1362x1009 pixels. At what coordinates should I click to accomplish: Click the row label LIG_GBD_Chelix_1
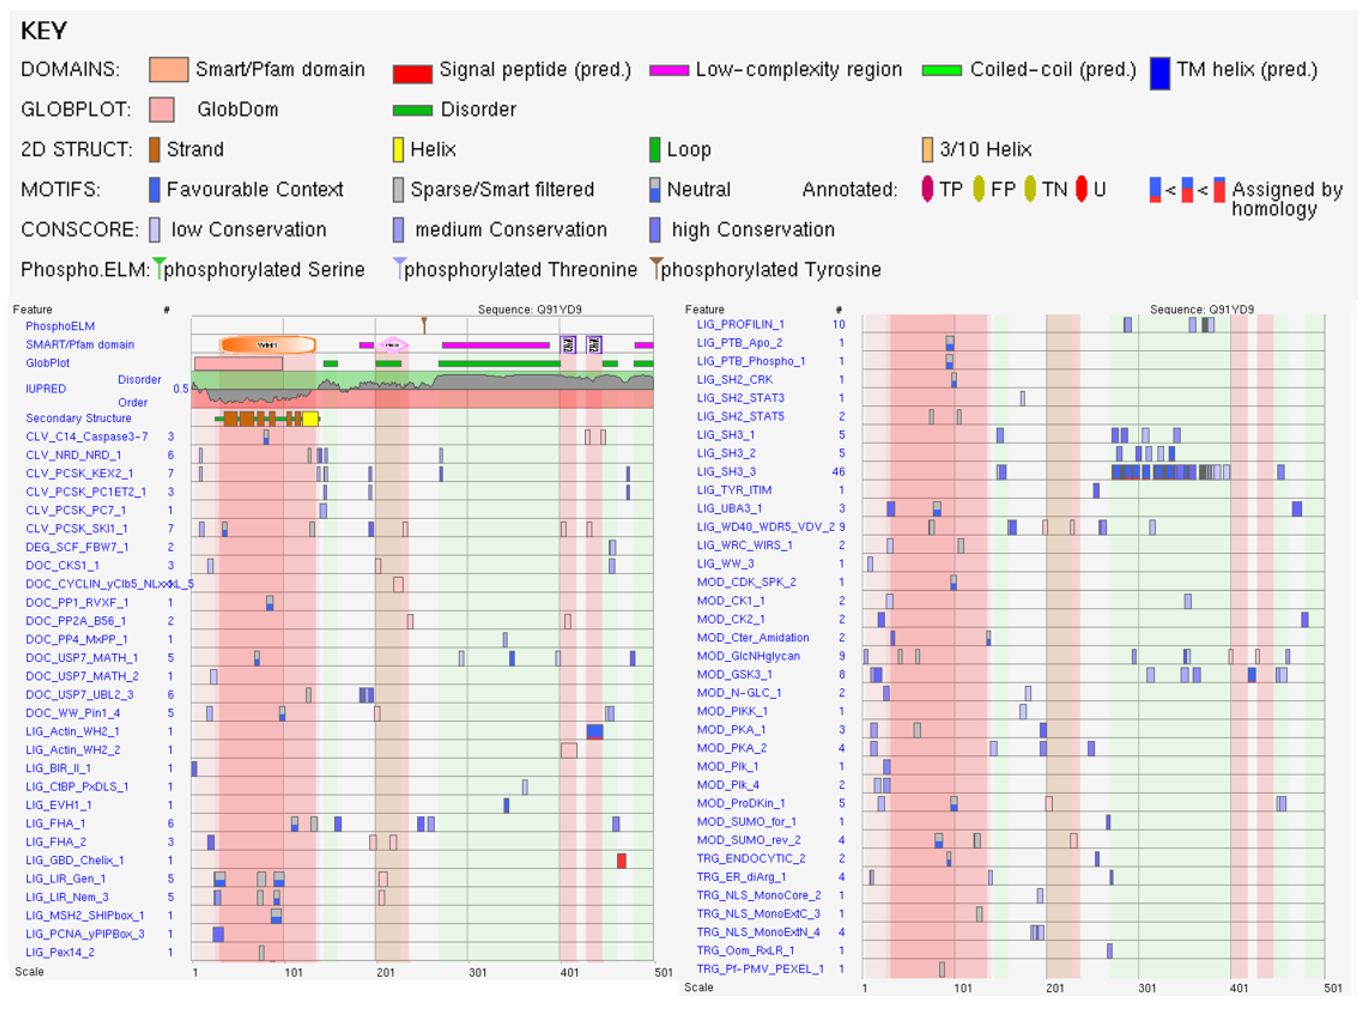click(75, 860)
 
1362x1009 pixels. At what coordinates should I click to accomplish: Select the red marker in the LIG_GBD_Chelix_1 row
click(621, 861)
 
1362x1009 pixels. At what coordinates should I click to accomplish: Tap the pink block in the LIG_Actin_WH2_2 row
click(569, 750)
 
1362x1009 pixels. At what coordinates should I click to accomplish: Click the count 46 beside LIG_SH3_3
click(838, 472)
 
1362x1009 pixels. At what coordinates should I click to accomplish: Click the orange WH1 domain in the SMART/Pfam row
click(268, 345)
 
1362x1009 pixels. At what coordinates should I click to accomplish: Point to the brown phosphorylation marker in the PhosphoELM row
click(424, 324)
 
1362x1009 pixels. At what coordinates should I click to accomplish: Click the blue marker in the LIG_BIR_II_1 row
click(194, 768)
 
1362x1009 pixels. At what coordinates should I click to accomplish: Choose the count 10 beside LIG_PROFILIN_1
click(838, 324)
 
